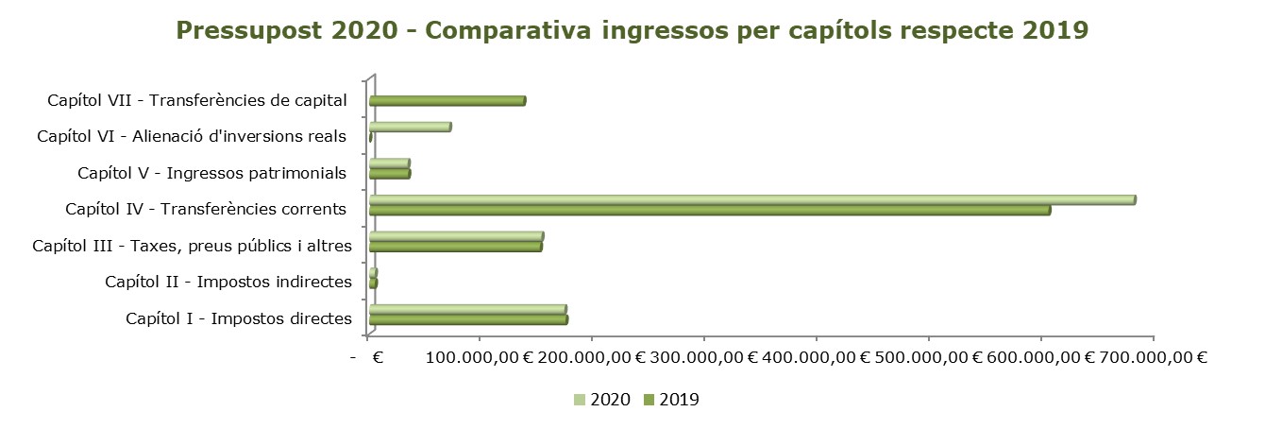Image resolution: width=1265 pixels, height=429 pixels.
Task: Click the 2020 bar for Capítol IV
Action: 751,199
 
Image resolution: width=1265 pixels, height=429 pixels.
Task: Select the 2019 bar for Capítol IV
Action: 709,210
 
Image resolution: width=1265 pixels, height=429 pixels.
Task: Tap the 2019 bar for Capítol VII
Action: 447,101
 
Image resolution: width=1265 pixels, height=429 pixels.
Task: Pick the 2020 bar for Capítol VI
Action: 410,127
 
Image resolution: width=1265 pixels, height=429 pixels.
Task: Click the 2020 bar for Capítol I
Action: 467,309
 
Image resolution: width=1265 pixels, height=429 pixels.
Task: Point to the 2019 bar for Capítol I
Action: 468,319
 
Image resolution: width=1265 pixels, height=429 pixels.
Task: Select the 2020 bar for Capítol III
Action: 456,236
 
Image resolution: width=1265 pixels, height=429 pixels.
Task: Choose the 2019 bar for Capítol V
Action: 390,174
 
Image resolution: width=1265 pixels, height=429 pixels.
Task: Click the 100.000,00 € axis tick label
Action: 480,357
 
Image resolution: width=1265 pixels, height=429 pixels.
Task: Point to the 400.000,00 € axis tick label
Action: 817,357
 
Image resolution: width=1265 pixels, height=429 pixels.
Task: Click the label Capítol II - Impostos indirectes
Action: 228,282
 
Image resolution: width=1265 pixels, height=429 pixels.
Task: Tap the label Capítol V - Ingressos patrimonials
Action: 212,173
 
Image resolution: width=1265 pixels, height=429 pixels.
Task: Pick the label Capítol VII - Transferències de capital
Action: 197,100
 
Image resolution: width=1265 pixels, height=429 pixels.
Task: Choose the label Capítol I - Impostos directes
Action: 238,318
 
